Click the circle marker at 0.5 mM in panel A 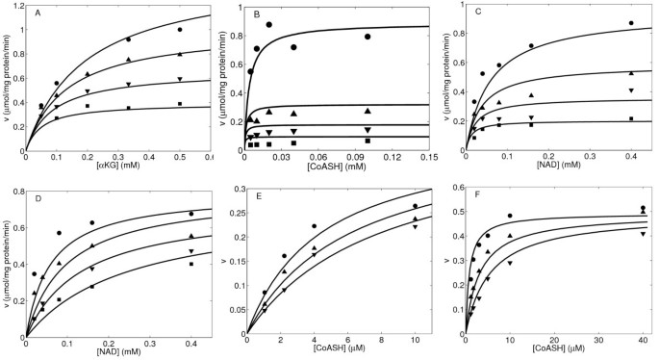tap(179, 30)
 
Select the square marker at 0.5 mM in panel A tap(179, 104)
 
